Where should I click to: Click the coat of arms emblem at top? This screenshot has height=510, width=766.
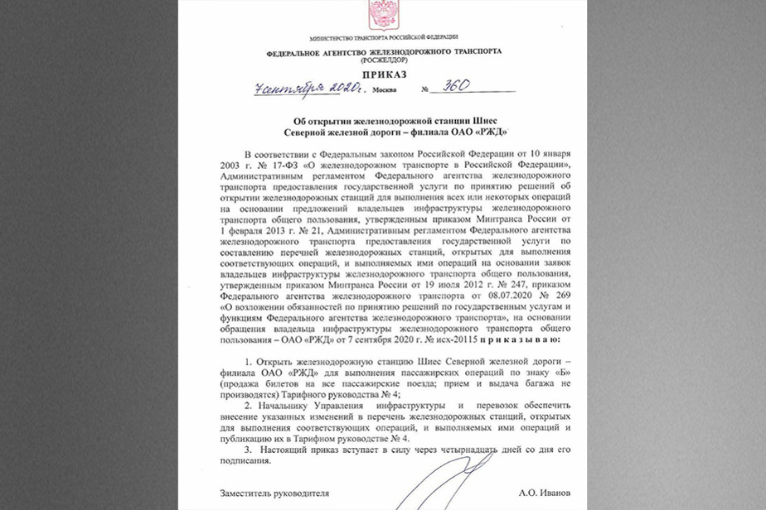click(383, 14)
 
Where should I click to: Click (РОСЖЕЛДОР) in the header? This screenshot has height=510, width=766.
click(384, 59)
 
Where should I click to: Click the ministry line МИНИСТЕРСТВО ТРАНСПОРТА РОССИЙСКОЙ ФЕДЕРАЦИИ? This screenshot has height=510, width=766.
click(383, 38)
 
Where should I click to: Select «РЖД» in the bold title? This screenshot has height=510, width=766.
click(490, 132)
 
